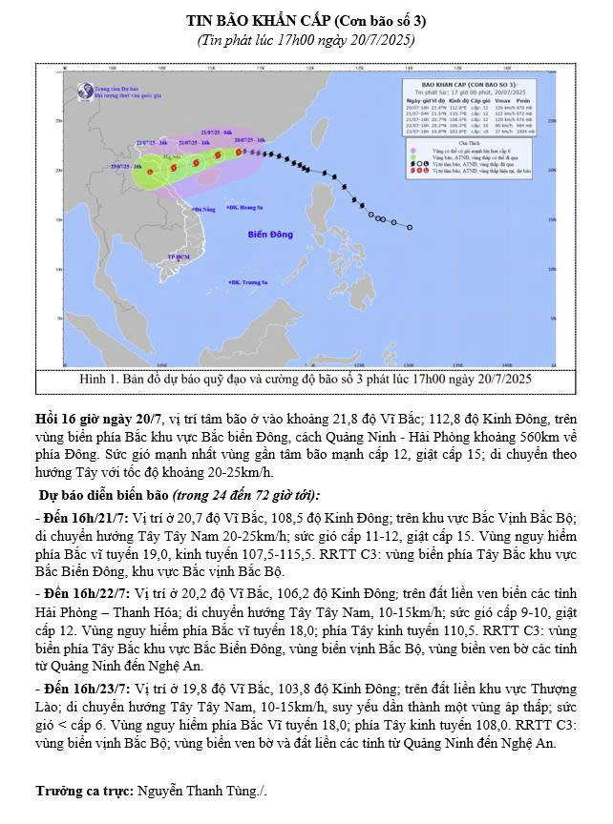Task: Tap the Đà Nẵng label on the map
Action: tap(205, 210)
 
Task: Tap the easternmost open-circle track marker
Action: tap(410, 227)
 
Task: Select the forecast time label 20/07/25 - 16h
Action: tap(248, 139)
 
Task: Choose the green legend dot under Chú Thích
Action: tap(411, 156)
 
